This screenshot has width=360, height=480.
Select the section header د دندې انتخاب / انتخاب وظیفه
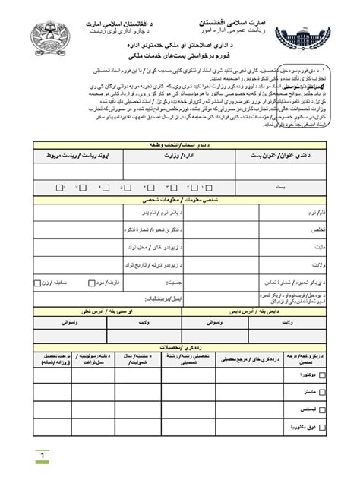(180, 144)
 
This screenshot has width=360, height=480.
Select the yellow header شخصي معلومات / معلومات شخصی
(180, 200)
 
